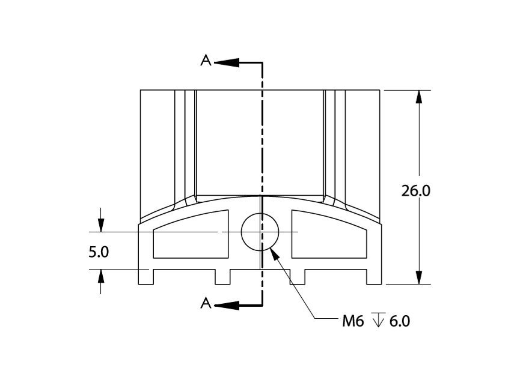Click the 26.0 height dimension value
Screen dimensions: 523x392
[415, 191]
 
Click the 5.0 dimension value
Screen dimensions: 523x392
[99, 252]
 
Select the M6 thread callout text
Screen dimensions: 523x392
[353, 321]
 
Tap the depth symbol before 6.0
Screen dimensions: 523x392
[378, 320]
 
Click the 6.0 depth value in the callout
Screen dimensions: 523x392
[400, 321]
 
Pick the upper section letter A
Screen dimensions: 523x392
[206, 60]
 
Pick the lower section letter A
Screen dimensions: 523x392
[206, 303]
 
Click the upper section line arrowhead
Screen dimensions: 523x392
[227, 62]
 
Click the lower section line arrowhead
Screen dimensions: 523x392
[227, 305]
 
